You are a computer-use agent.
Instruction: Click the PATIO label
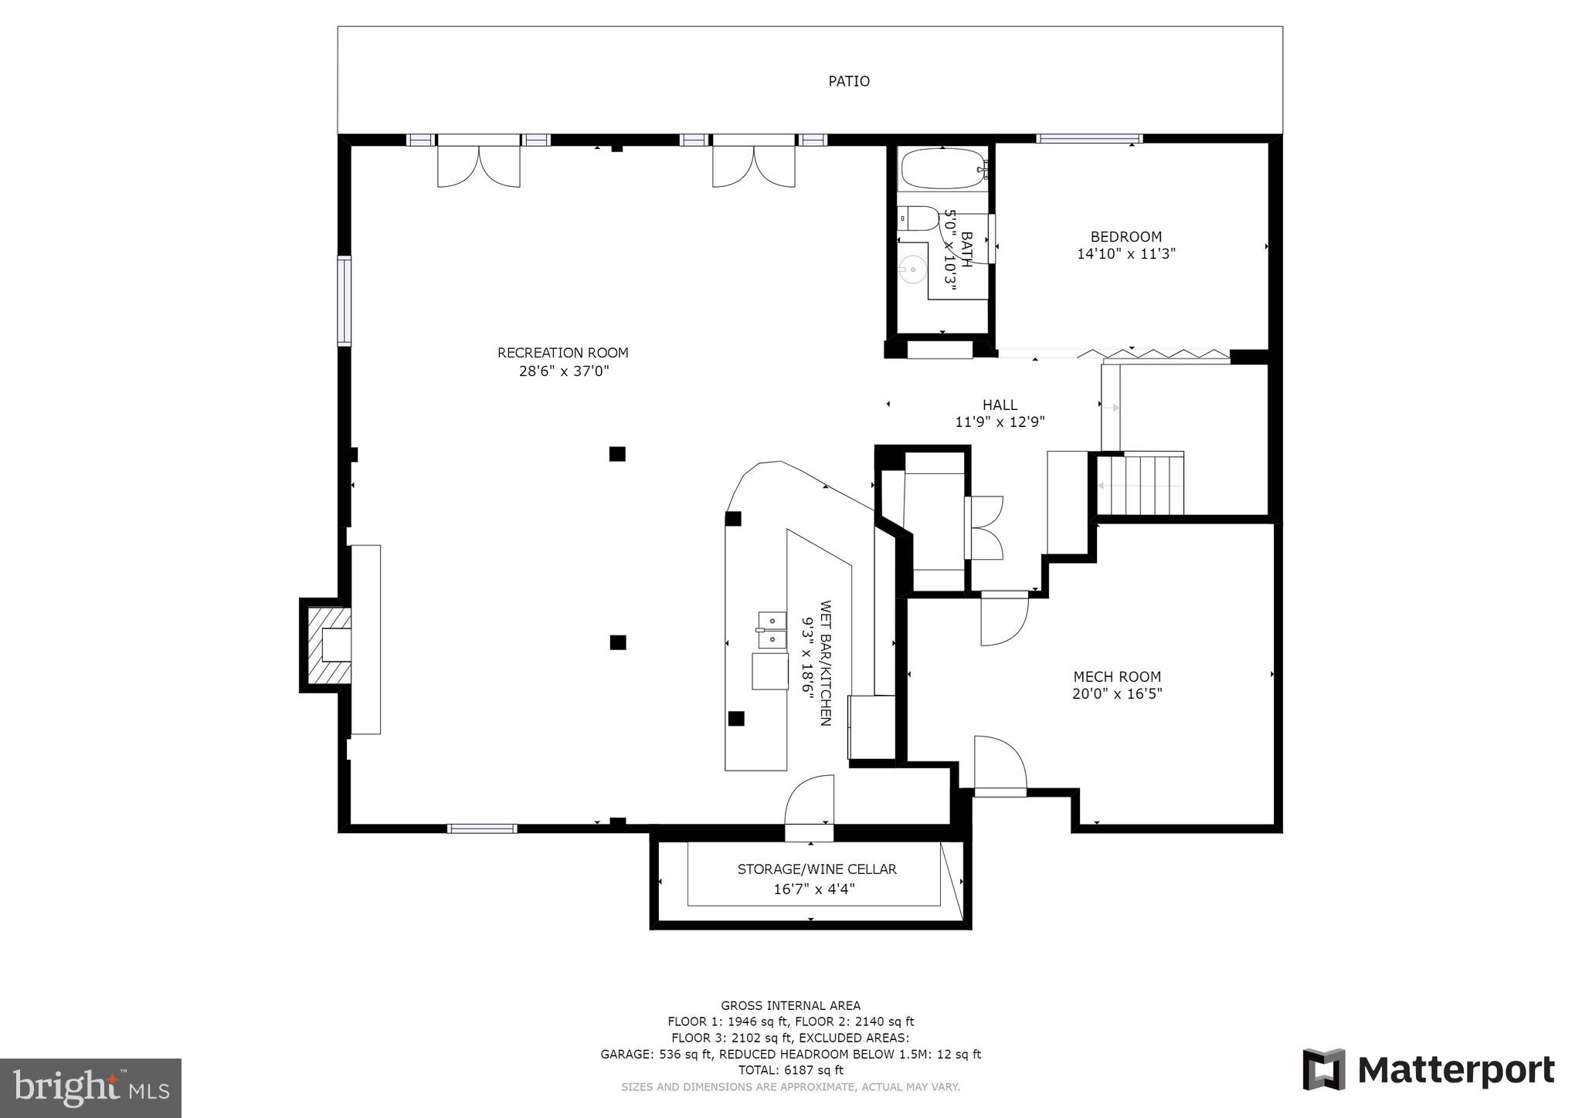(x=849, y=81)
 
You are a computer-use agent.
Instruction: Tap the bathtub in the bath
(x=942, y=169)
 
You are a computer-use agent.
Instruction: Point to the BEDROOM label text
(x=1125, y=237)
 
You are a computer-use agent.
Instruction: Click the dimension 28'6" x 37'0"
(x=564, y=371)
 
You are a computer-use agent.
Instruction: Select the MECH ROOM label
(x=1117, y=676)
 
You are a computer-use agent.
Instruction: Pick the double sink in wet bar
(x=771, y=631)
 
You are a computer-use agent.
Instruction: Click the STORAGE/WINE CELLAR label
(x=816, y=869)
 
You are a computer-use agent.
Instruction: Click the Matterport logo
(x=1428, y=1070)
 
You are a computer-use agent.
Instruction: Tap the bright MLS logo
(x=90, y=1088)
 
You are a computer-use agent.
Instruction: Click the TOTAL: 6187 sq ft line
(x=790, y=1070)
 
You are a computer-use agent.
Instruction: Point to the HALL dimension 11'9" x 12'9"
(x=1000, y=422)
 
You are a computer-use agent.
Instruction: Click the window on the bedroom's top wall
(x=1088, y=139)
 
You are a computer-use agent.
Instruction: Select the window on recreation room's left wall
(x=345, y=300)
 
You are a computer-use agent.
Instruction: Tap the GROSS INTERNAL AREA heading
(x=790, y=1005)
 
